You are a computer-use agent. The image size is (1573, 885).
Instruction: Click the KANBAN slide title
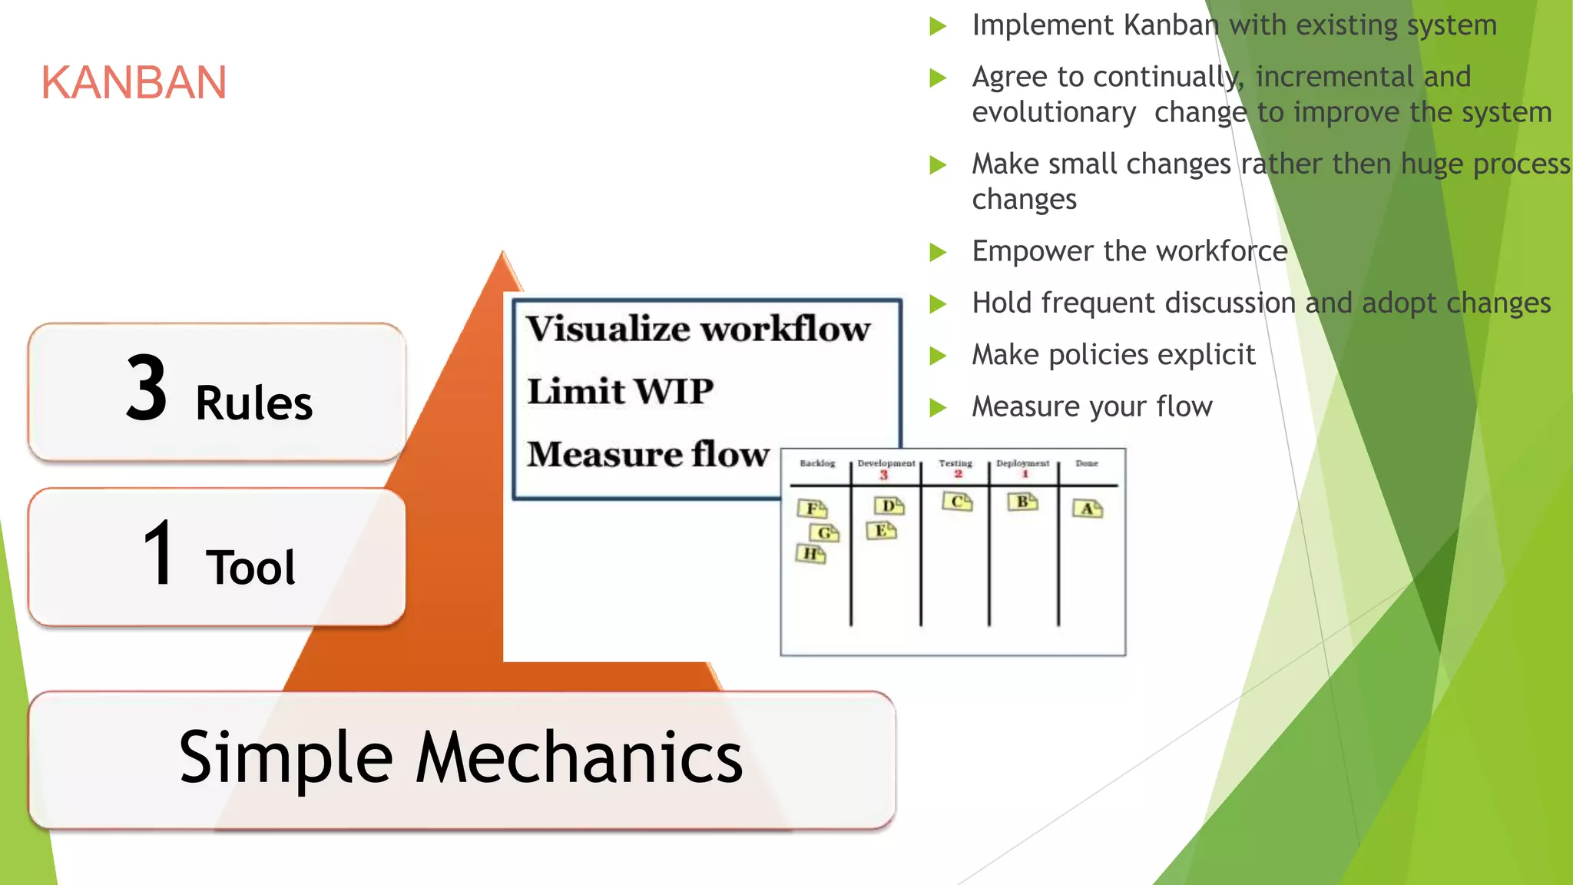pos(134,82)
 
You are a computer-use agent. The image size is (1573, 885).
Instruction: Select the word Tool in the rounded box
pos(250,568)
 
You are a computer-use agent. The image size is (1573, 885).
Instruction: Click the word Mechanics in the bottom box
pos(579,757)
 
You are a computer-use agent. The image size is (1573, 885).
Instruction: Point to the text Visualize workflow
pos(697,329)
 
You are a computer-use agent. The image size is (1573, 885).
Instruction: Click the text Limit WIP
pos(620,391)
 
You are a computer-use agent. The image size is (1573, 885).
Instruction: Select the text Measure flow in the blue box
pos(647,454)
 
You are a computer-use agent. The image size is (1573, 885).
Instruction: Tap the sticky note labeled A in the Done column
pos(1088,509)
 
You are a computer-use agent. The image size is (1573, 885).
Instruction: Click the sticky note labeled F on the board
pos(812,509)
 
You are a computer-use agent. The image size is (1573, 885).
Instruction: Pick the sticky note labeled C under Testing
pos(958,502)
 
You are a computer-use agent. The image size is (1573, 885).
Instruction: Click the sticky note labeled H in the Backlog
pos(810,554)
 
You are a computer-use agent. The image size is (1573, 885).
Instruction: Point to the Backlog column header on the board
pos(817,463)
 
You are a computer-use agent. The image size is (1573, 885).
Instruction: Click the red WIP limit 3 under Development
pos(884,476)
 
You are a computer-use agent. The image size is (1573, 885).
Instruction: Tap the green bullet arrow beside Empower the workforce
pos(938,252)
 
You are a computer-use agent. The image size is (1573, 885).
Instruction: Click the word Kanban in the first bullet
pos(1171,25)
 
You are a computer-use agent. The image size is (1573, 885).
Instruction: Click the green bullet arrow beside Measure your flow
pos(938,407)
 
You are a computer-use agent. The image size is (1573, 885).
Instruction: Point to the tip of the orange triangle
pos(503,254)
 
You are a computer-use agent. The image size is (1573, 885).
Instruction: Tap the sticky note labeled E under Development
pos(881,531)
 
